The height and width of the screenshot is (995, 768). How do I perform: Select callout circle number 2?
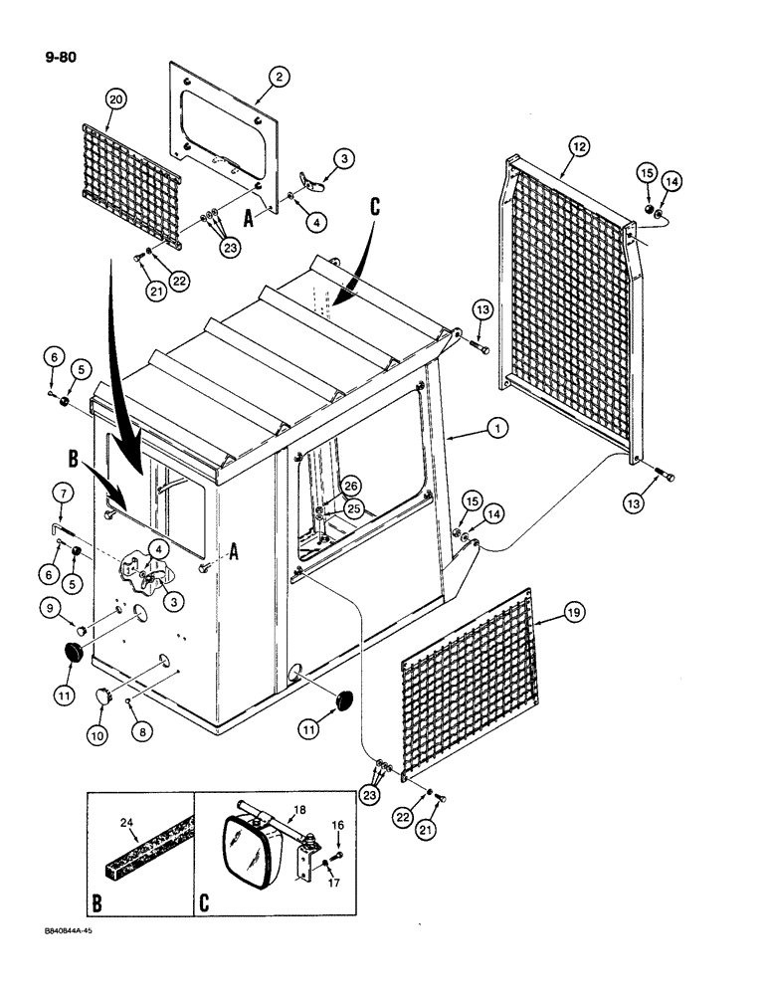[280, 77]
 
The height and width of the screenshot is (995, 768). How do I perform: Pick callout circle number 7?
[61, 494]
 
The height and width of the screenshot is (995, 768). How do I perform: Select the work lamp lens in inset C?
[241, 862]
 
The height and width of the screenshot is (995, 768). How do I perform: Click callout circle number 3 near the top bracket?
[343, 158]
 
